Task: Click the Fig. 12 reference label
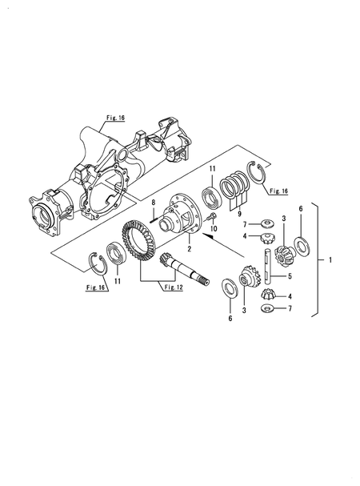pyautogui.click(x=174, y=287)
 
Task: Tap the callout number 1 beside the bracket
pyautogui.click(x=330, y=259)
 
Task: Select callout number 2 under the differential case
pyautogui.click(x=190, y=248)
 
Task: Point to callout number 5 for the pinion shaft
pyautogui.click(x=290, y=276)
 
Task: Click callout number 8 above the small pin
pyautogui.click(x=153, y=203)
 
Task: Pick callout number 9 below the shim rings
pyautogui.click(x=239, y=214)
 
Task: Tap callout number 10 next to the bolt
pyautogui.click(x=214, y=229)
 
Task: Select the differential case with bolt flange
pyautogui.click(x=181, y=216)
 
